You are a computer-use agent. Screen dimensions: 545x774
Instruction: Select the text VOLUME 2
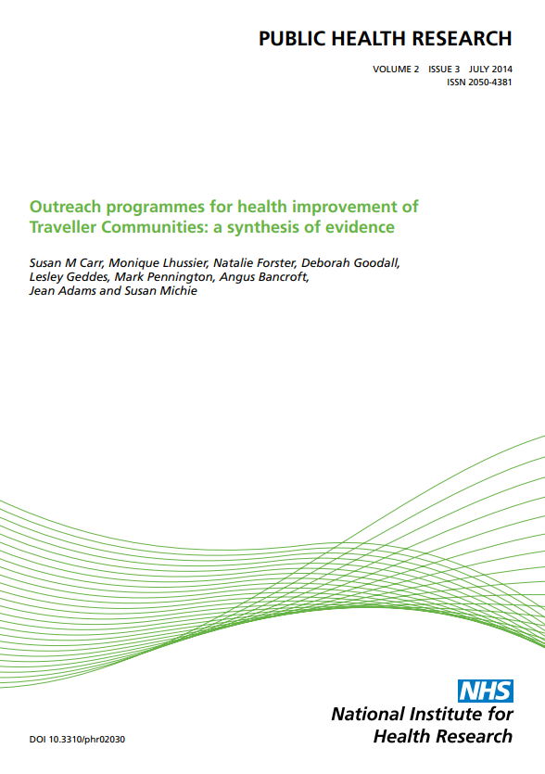(x=396, y=70)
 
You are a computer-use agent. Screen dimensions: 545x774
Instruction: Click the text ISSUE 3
(x=444, y=70)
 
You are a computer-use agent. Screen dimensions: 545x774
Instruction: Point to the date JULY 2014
(x=490, y=70)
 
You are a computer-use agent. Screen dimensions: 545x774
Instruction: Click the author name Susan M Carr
(x=66, y=263)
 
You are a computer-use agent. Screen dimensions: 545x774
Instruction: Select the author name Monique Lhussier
(x=158, y=263)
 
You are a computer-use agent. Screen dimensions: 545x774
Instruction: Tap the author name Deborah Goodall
(x=350, y=263)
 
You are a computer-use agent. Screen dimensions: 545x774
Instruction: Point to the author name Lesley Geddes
(x=69, y=277)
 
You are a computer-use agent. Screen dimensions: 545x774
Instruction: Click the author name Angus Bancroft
(x=263, y=277)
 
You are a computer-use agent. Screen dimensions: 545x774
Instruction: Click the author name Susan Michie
(x=160, y=291)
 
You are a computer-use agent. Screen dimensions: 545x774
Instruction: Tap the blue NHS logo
(x=486, y=691)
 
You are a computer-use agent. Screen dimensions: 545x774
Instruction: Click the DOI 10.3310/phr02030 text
(x=77, y=740)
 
